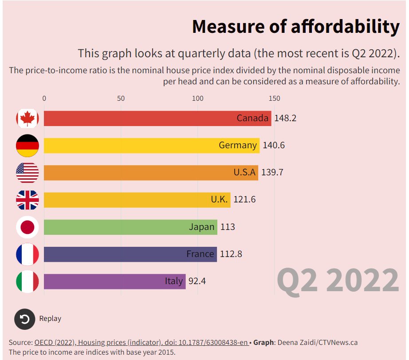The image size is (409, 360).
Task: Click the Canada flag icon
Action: tap(28, 119)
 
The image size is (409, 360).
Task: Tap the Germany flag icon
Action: tap(28, 146)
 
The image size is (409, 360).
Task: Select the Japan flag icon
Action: tap(28, 227)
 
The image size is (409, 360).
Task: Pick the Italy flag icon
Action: tap(28, 281)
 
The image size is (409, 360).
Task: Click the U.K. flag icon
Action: tap(28, 200)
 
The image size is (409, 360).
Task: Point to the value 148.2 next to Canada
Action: tap(285, 119)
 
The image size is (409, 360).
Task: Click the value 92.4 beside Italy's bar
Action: tap(197, 281)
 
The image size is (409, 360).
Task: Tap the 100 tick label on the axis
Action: tap(197, 99)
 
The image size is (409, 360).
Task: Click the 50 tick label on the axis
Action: tap(121, 99)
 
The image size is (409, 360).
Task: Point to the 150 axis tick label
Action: tap(274, 99)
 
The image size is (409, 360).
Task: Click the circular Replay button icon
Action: tap(24, 319)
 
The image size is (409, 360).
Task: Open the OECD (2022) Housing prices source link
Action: tap(141, 343)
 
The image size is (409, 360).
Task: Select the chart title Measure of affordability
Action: tap(295, 27)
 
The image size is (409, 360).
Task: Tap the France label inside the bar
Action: tap(200, 254)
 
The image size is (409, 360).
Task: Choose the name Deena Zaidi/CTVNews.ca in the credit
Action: tap(318, 343)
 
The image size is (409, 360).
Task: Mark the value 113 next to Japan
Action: tap(227, 227)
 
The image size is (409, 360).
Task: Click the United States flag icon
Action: tap(28, 173)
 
